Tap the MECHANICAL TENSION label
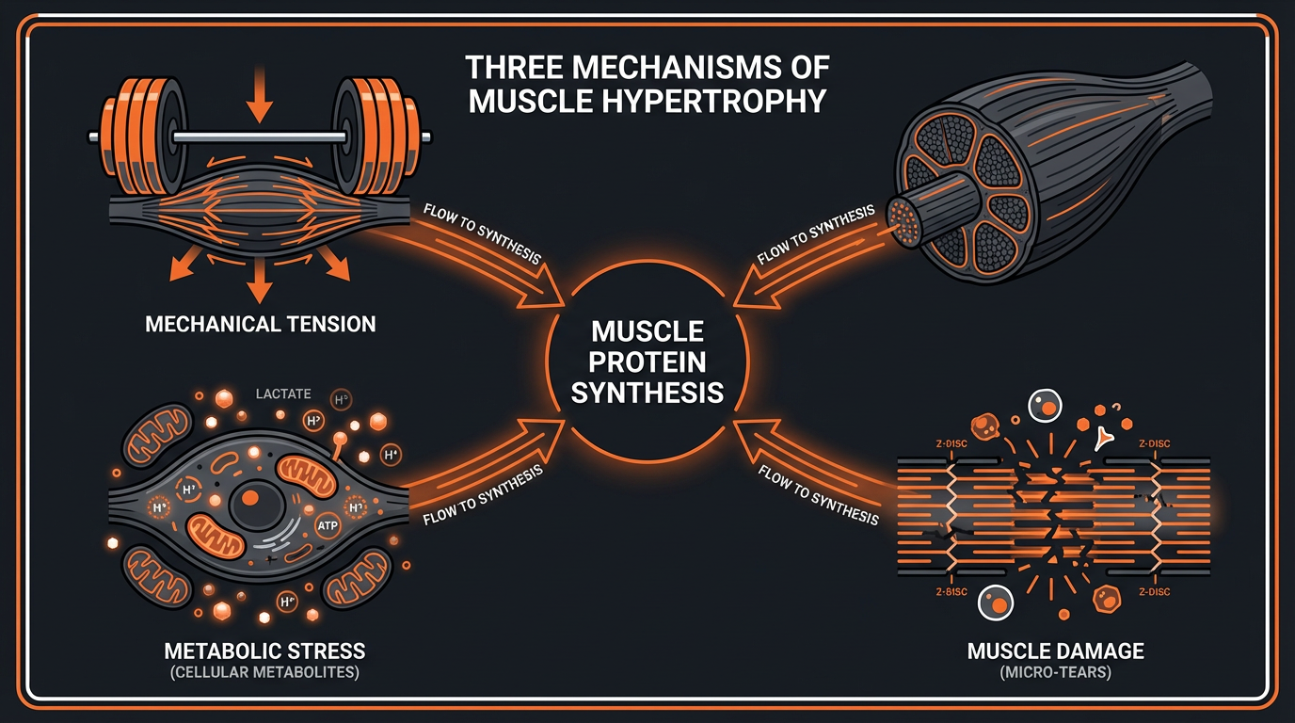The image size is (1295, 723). pos(261,325)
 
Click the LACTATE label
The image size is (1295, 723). pos(283,394)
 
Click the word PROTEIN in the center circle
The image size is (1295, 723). pos(647,361)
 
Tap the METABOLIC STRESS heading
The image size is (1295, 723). pos(264,651)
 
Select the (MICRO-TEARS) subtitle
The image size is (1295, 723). pos(1055,673)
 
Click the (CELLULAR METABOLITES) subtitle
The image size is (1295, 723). pos(264,673)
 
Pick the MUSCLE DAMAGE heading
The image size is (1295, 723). pos(1055,651)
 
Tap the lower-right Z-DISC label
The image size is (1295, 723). pos(1153,592)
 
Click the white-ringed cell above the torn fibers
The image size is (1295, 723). pos(1045,407)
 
